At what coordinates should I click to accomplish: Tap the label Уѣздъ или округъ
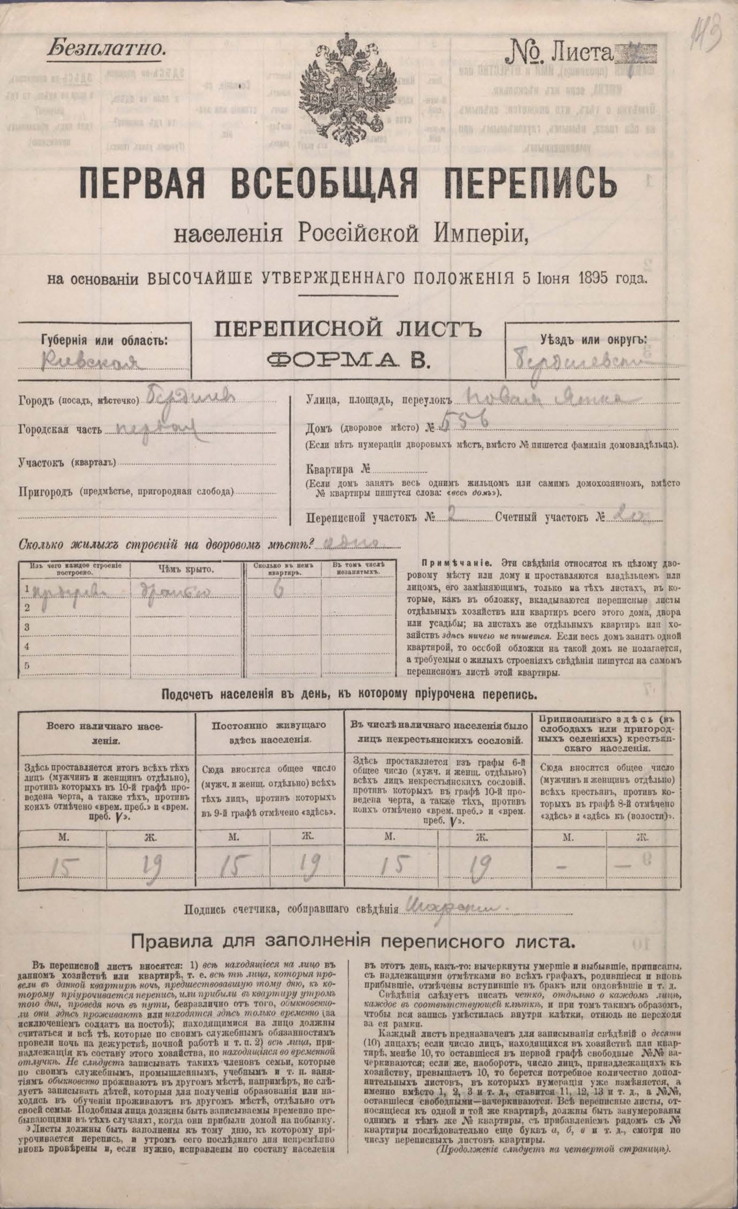pos(593,339)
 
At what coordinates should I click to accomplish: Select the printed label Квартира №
pos(337,467)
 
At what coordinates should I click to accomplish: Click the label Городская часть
pos(60,430)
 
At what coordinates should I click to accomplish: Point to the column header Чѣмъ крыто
pos(186,569)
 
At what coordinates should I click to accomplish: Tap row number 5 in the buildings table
pos(28,665)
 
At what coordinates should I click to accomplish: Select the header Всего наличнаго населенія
pos(106,732)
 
